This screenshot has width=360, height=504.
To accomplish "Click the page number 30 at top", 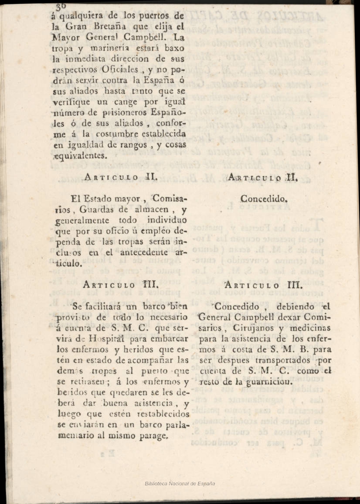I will [61, 4].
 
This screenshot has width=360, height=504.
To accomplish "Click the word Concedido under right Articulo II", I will [264, 199].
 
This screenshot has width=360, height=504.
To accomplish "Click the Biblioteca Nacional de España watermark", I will [180, 484].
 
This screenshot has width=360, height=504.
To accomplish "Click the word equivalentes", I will [79, 156].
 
